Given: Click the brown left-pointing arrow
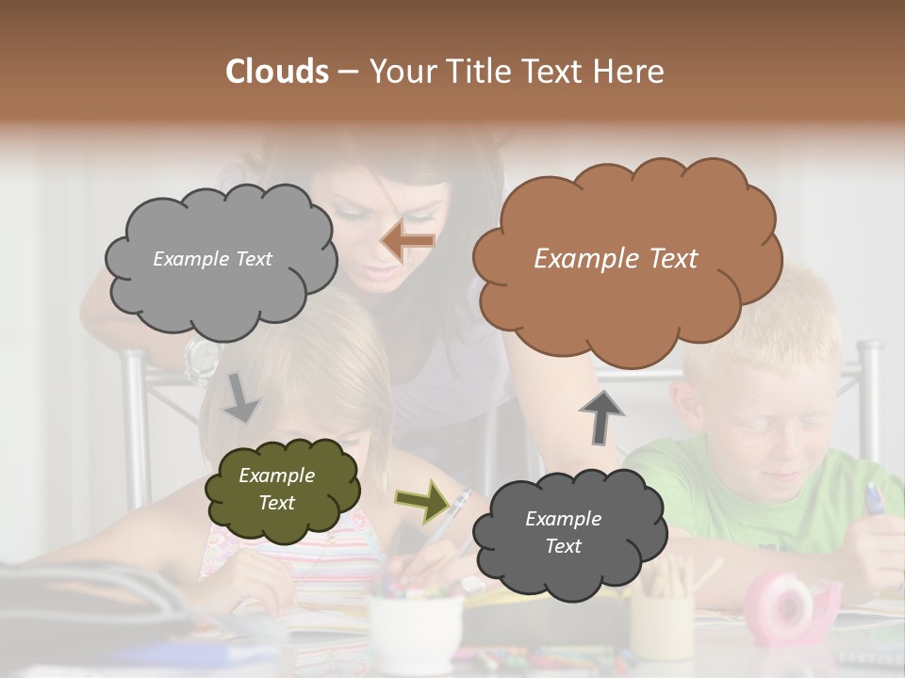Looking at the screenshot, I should [x=408, y=241].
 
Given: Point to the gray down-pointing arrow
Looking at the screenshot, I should [x=241, y=396].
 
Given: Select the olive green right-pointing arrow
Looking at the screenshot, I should [x=421, y=501].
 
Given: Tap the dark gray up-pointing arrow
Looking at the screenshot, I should [x=601, y=415].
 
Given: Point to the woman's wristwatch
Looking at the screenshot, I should [x=202, y=360].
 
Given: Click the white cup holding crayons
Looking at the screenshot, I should [x=415, y=631].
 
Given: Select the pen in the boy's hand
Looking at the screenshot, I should [x=874, y=499].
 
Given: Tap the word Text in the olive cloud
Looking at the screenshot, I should [x=277, y=503].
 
